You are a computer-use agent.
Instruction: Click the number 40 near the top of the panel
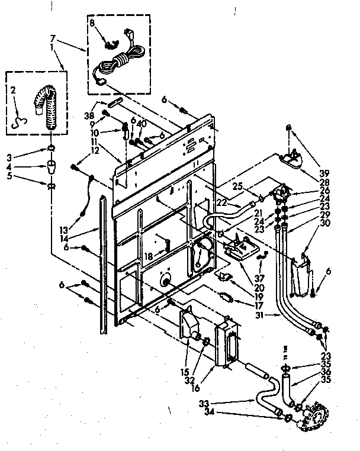[x=142, y=124]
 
